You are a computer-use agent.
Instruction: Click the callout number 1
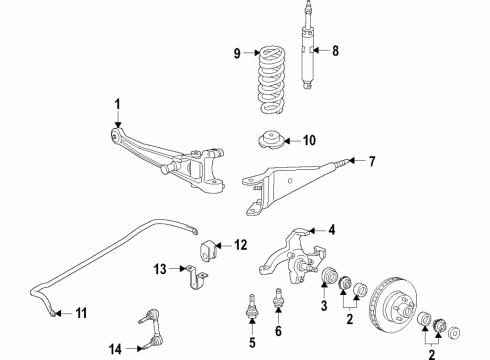tap(117, 104)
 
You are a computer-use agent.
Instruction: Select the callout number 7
tap(372, 161)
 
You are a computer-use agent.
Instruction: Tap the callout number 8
tap(335, 51)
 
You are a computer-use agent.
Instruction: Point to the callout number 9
tap(237, 53)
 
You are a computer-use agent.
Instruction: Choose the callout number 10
tap(309, 140)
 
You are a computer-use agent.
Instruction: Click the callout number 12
tap(241, 245)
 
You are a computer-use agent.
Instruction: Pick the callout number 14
tap(115, 349)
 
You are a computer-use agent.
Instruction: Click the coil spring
tap(272, 81)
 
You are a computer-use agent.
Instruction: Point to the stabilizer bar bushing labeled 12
tap(208, 250)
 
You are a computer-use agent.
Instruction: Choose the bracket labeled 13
tap(197, 277)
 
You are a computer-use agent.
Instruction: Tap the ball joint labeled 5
tap(252, 306)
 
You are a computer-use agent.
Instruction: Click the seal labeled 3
tap(329, 275)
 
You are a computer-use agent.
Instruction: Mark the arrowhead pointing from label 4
tap(312, 230)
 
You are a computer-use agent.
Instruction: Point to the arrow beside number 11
tap(63, 313)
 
